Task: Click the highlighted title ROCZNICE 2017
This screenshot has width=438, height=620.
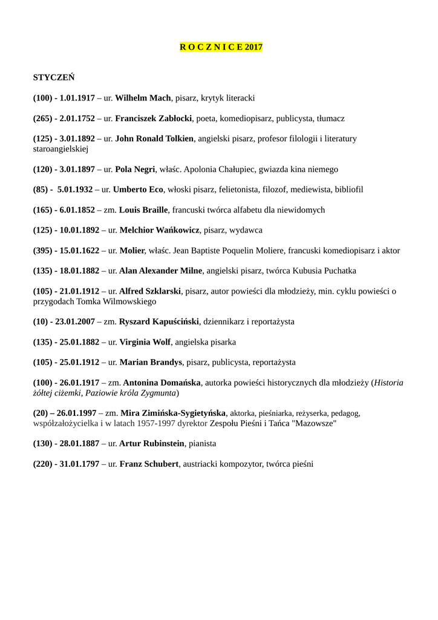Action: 221,47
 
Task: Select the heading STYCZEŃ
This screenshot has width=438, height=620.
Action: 54,77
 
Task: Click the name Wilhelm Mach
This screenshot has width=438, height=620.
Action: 143,97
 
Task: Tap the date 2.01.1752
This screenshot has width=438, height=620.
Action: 77,118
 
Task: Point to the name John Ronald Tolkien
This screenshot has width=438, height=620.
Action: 154,139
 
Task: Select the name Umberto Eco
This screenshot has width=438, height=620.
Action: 138,190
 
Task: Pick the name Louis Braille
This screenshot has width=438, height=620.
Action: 143,210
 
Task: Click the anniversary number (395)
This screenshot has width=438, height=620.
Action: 44,251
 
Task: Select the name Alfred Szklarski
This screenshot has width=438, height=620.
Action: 149,291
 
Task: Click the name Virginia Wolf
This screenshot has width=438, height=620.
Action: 145,342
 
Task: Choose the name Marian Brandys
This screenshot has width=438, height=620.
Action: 151,362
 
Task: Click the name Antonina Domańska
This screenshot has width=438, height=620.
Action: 162,383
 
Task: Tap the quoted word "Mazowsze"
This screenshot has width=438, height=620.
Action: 315,423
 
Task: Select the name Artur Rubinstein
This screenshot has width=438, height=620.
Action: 152,444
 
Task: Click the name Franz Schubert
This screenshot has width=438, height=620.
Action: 149,464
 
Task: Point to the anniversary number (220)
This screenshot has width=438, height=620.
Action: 44,464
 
